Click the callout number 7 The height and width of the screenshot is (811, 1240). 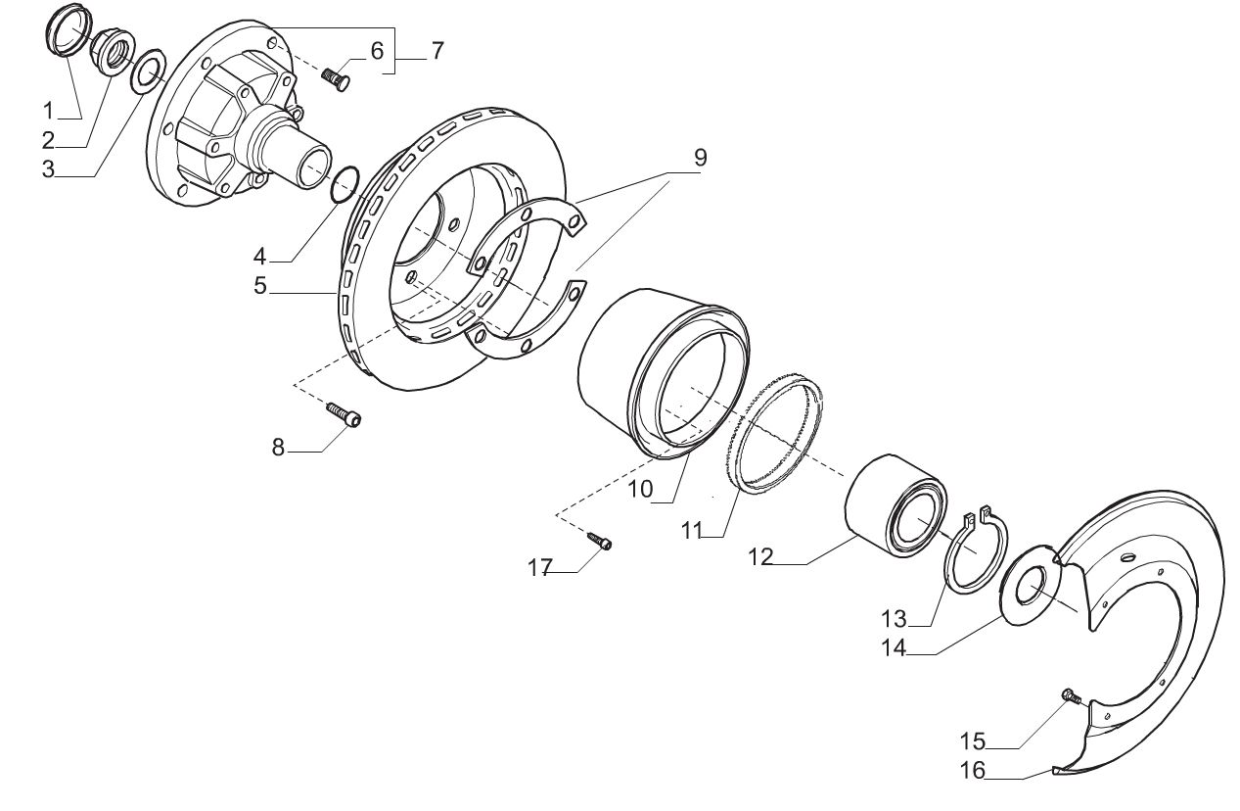(x=437, y=51)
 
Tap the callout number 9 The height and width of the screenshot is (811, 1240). (x=701, y=158)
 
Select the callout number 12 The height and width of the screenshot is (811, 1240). (x=760, y=556)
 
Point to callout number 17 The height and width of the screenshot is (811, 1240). (x=539, y=568)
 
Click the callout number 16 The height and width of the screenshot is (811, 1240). (x=973, y=770)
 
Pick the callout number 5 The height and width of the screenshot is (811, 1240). (x=260, y=286)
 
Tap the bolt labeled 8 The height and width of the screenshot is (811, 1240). (x=344, y=413)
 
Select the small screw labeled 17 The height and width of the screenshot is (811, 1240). (x=599, y=540)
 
